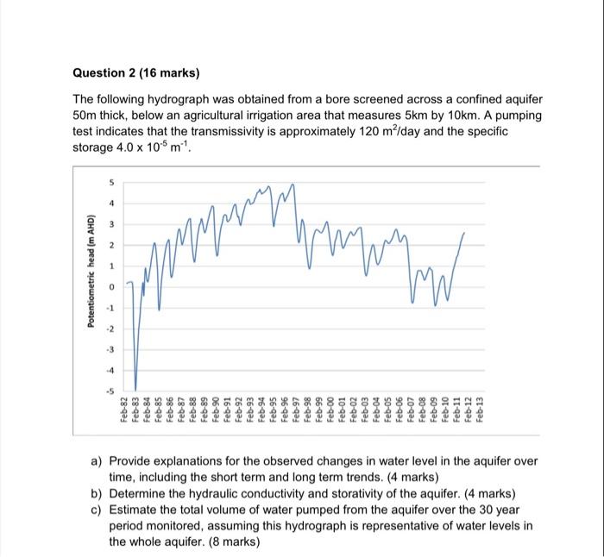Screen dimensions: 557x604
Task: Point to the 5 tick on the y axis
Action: point(110,181)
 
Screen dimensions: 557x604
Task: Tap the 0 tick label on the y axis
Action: point(110,286)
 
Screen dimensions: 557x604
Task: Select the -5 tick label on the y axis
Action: point(109,391)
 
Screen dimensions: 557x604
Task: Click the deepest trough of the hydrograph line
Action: point(135,390)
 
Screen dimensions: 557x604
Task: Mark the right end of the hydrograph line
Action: point(465,233)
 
